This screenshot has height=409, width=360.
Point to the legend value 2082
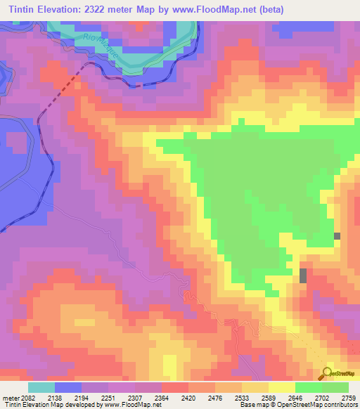(27, 398)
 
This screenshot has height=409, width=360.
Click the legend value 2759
(348, 398)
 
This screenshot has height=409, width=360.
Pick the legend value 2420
(189, 398)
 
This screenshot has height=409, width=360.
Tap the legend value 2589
(269, 398)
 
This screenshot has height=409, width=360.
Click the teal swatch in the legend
(41, 387)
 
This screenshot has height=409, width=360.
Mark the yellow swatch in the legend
(281, 387)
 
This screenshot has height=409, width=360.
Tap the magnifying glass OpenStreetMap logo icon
(327, 373)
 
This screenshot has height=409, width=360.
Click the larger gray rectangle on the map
(303, 275)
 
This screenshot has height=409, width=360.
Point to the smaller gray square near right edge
(337, 237)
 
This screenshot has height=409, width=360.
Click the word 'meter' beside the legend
(9, 398)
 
